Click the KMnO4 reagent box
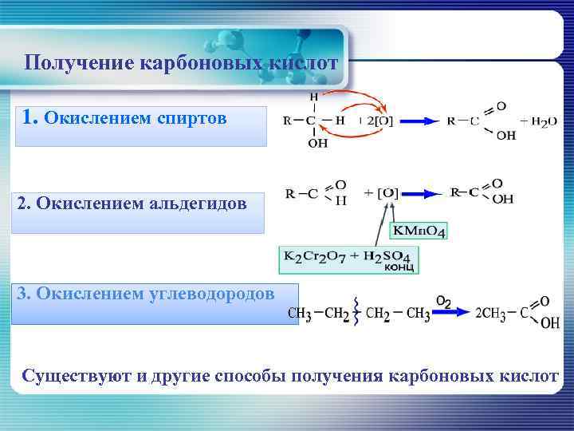point(418,231)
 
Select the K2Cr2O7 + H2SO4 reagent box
point(348,258)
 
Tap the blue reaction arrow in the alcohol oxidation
point(418,121)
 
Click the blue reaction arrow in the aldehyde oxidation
point(422,193)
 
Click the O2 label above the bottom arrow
point(444,301)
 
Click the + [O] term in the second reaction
point(382,193)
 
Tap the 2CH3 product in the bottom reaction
point(489,314)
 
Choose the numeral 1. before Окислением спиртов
point(30,118)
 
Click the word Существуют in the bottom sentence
point(76,375)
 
